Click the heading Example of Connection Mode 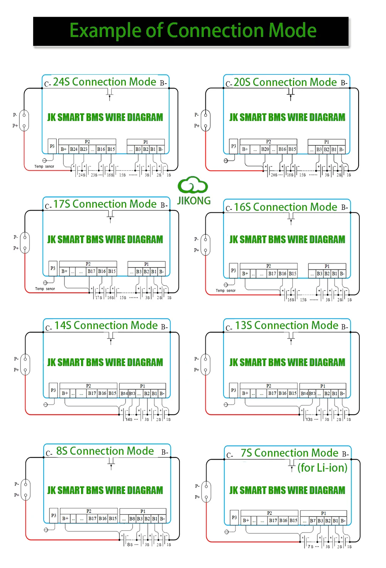click(x=193, y=30)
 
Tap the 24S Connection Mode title click(x=105, y=82)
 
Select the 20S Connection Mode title click(x=285, y=82)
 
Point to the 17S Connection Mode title click(x=105, y=204)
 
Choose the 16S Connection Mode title click(x=286, y=207)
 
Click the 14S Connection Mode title click(x=106, y=325)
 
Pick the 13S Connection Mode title click(x=287, y=325)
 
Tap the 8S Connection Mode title click(x=105, y=451)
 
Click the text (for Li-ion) click(x=322, y=467)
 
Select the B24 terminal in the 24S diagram click(x=74, y=149)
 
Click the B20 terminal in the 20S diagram click(x=265, y=149)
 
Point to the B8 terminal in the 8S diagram click(x=132, y=519)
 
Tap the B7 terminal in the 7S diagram click(x=313, y=521)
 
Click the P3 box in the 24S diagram click(x=52, y=146)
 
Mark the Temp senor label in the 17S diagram click(x=45, y=289)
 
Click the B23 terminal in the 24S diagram click(x=84, y=149)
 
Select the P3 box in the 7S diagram click(x=234, y=518)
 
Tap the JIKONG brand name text click(x=194, y=201)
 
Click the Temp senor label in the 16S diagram click(x=225, y=291)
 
